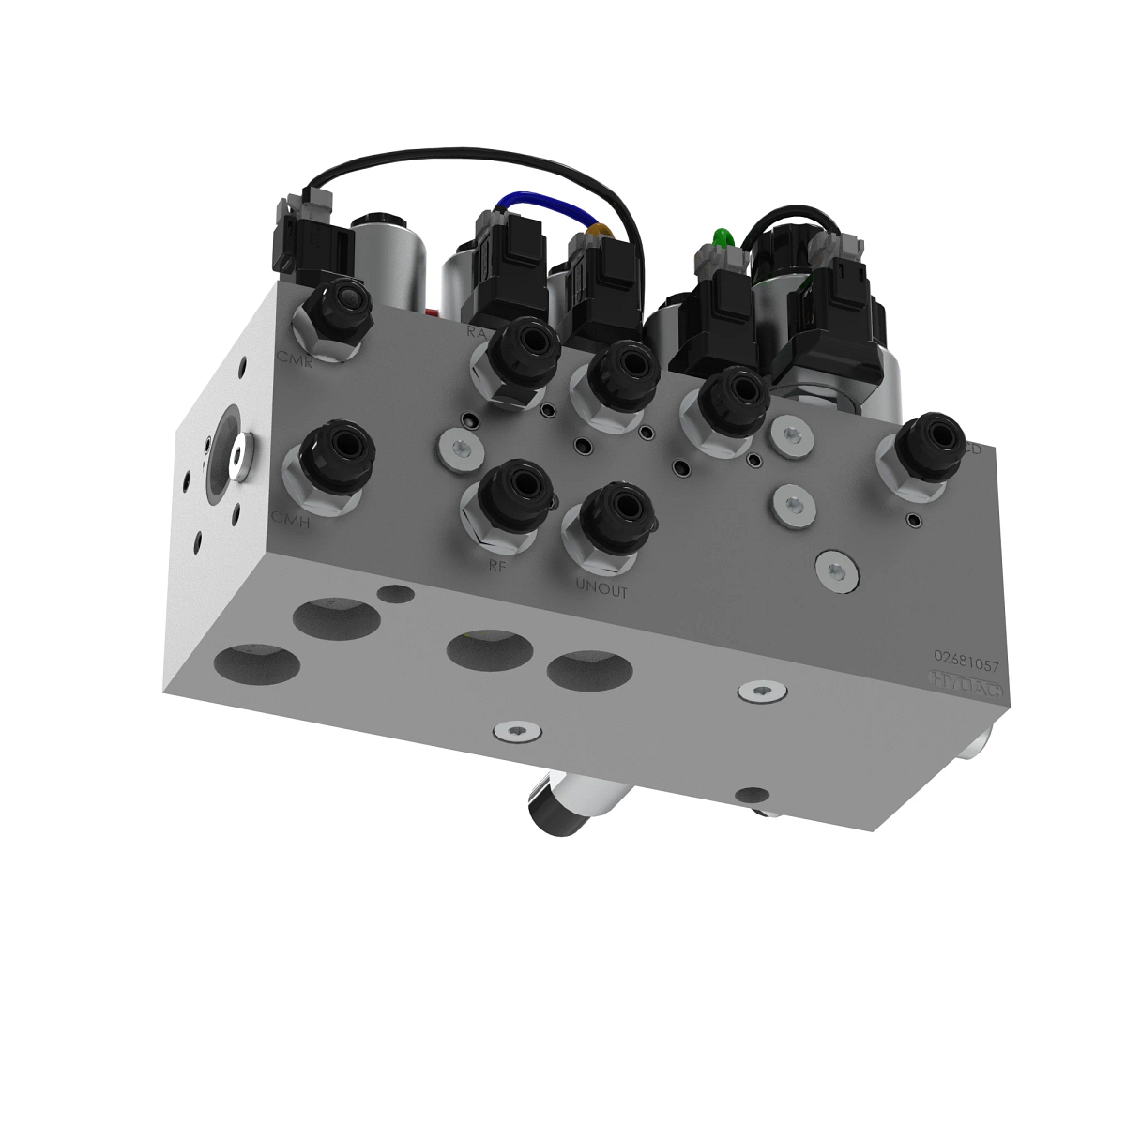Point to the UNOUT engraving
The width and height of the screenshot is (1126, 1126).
point(601,591)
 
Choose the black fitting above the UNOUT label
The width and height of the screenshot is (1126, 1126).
point(615,518)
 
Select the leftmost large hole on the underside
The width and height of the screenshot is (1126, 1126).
point(256,663)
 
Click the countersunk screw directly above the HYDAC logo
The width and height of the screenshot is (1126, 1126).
point(835,570)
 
